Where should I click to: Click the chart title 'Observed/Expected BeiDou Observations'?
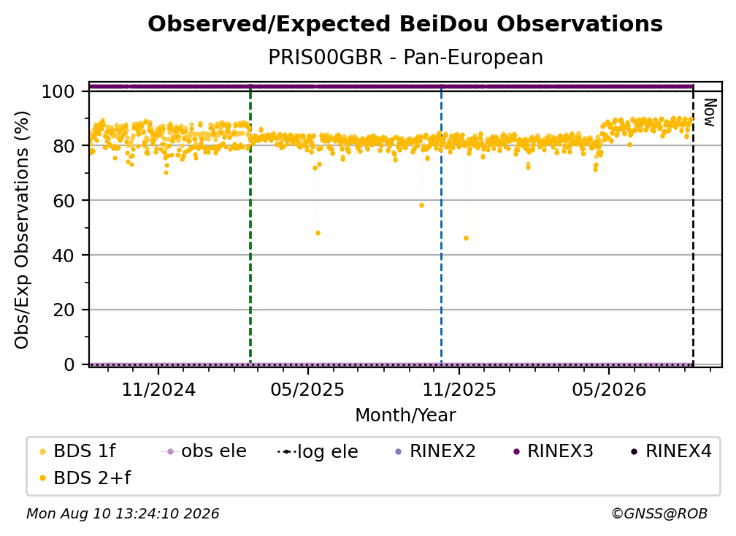[x=405, y=24]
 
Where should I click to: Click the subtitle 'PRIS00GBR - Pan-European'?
[x=405, y=58]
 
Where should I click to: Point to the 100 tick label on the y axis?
[x=58, y=91]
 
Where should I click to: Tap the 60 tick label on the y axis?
[x=64, y=201]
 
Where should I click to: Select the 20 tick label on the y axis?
[x=64, y=310]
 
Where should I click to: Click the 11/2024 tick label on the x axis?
[x=158, y=390]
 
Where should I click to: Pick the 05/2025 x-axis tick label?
[x=308, y=390]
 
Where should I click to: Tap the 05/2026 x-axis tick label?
[x=609, y=390]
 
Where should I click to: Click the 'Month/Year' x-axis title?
[x=405, y=416]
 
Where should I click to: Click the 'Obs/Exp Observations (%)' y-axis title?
[x=22, y=230]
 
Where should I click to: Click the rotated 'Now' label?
[x=710, y=112]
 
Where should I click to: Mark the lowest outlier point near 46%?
[x=466, y=239]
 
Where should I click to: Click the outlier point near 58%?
[x=421, y=206]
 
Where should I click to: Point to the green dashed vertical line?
[x=250, y=224]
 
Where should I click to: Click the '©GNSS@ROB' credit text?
[x=659, y=514]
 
